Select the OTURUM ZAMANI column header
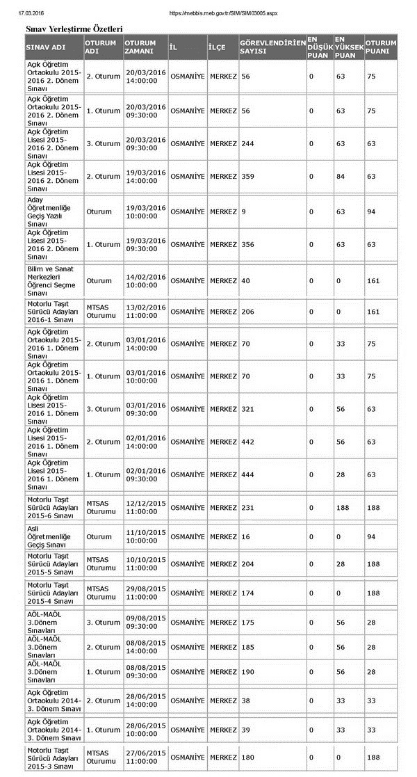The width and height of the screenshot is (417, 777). (x=140, y=47)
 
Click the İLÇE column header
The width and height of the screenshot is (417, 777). (x=217, y=47)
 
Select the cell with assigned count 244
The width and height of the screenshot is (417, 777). (x=247, y=144)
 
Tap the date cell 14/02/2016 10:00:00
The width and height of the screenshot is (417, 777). (x=145, y=281)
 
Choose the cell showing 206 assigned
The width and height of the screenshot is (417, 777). (x=247, y=312)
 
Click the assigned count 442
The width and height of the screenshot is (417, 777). (x=247, y=442)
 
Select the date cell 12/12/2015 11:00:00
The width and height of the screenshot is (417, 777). (x=145, y=508)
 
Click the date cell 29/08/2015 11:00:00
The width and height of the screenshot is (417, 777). (x=145, y=593)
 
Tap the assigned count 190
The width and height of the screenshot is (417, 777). (x=247, y=672)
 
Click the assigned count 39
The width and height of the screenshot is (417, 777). (x=245, y=730)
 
